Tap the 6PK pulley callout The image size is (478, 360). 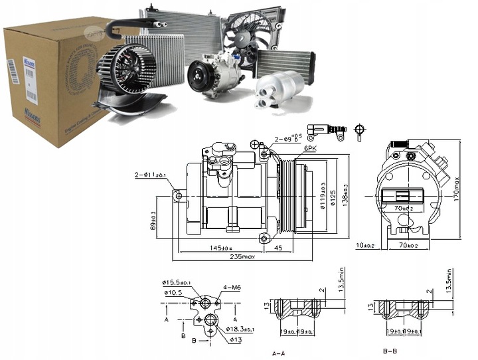[310, 148]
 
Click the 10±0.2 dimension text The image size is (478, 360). [364, 245]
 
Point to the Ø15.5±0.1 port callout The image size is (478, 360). [177, 282]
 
